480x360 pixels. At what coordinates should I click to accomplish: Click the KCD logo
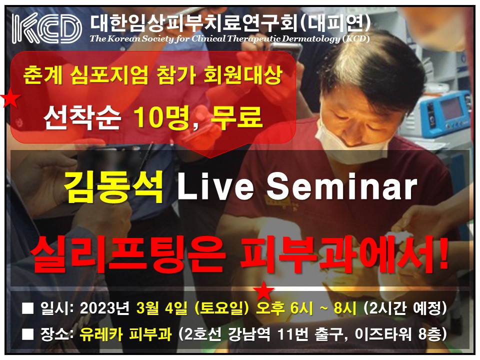[x=47, y=28]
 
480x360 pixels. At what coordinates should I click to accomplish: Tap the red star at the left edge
[x=10, y=97]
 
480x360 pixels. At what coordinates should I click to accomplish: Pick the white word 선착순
[x=82, y=117]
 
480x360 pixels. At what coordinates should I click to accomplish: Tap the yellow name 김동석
[x=113, y=187]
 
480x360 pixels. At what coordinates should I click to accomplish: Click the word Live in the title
[x=215, y=186]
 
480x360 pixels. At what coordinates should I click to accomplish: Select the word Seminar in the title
[x=342, y=186]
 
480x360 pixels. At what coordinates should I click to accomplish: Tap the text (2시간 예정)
[x=404, y=308]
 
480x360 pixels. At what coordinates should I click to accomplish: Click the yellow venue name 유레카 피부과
[x=125, y=334]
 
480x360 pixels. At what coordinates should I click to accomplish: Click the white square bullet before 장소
[x=28, y=335]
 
